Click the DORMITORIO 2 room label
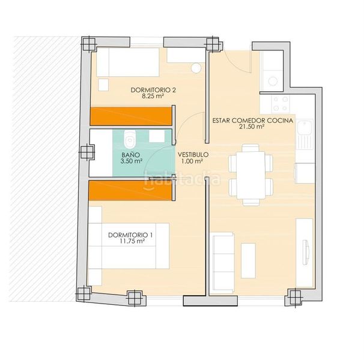[153, 90]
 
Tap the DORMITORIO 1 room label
[130, 235]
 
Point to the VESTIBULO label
[193, 155]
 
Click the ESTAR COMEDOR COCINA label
[253, 121]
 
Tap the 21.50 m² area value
[252, 127]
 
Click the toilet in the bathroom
[130, 139]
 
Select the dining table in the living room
[250, 175]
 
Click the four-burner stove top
[280, 104]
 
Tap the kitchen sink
[305, 134]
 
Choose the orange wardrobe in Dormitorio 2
[131, 116]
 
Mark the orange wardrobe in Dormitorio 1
[130, 190]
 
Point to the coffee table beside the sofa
[248, 260]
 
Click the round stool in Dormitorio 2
[196, 68]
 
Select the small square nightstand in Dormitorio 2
[103, 85]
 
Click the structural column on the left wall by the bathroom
[88, 152]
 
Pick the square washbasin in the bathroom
[157, 136]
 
